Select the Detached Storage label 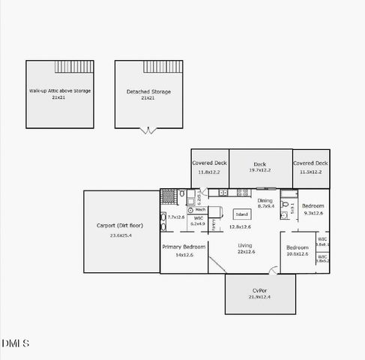[x=148, y=91]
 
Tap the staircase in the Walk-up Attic [x=74, y=67]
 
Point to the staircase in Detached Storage [x=163, y=67]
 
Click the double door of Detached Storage [x=148, y=131]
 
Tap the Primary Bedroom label [x=184, y=247]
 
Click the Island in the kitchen [x=241, y=213]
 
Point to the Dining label [x=265, y=200]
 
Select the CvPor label [x=260, y=289]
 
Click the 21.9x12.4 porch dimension [x=260, y=298]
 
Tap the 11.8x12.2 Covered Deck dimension [x=209, y=172]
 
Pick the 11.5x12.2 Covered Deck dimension [x=310, y=172]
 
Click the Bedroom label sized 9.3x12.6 [x=313, y=205]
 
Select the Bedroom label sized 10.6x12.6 [x=297, y=247]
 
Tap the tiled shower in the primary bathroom [x=169, y=196]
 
